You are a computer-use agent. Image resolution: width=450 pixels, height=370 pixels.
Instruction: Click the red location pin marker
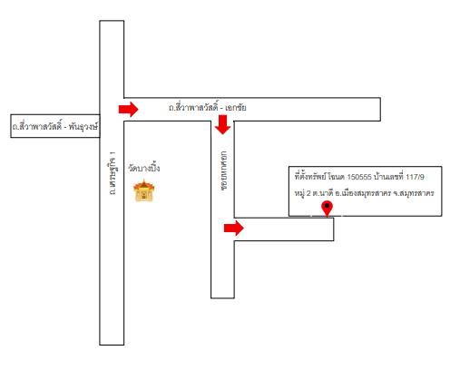pos(327,209)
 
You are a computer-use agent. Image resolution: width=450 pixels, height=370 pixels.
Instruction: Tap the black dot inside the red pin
pos(327,206)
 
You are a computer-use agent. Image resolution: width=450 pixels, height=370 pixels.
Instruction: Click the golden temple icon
pos(144,190)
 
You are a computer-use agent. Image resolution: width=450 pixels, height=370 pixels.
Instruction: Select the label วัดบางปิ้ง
pos(144,168)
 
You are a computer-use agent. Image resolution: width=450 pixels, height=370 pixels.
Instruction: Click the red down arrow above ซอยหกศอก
pos(223,124)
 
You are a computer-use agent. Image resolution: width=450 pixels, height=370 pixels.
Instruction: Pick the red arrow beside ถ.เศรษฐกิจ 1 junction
pos(128,109)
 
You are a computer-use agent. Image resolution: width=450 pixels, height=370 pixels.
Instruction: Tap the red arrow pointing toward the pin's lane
pos(234,228)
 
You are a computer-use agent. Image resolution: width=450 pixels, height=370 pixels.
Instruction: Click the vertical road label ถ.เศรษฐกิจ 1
pos(112,173)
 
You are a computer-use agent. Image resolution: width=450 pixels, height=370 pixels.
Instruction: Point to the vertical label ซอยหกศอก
pos(224,170)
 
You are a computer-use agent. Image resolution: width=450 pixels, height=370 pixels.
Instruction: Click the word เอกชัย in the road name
pos(236,108)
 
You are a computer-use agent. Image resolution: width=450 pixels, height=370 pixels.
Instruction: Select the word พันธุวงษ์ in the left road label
pos(83,126)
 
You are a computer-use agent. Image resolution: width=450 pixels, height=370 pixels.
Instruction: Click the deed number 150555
pos(359,177)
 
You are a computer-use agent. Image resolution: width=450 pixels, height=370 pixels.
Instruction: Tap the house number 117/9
pos(415,177)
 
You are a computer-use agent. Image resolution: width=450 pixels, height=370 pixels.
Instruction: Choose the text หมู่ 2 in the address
pos(303,193)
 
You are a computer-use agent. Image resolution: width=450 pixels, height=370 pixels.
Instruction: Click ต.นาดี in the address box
pos(323,193)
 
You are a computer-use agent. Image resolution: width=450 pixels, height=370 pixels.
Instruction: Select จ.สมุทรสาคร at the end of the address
pos(414,193)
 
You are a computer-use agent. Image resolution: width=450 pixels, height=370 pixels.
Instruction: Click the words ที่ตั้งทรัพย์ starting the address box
pos(310,177)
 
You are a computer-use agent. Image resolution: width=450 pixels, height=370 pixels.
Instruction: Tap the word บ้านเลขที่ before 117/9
pos(388,177)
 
